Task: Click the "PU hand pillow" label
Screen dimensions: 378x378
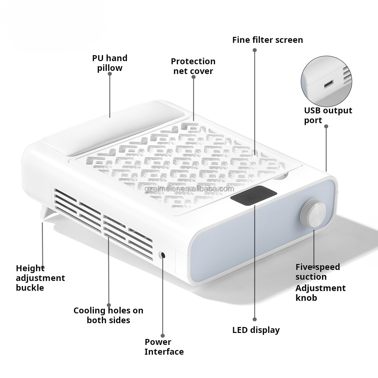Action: pos(110,63)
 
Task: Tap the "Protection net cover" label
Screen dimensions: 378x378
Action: pos(193,66)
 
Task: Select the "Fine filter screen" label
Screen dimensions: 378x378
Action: pos(267,40)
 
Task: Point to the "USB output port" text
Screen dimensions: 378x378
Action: pos(328,115)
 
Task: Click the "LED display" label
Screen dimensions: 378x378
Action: pos(256,330)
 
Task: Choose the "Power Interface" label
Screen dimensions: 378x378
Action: pos(164,347)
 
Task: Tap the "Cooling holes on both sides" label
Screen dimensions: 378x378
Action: pos(108,315)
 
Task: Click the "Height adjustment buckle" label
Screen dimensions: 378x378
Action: pos(40,278)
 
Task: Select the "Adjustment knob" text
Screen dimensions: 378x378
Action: pos(320,293)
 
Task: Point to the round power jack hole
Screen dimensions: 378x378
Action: pos(163,255)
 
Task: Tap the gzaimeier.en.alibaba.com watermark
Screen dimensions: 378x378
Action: pos(193,189)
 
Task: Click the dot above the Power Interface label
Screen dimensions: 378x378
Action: pos(163,336)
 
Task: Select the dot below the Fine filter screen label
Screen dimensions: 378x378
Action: pos(255,50)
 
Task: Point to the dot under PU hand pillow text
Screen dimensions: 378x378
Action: pos(110,74)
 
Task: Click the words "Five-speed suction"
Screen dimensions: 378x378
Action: pos(318,272)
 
